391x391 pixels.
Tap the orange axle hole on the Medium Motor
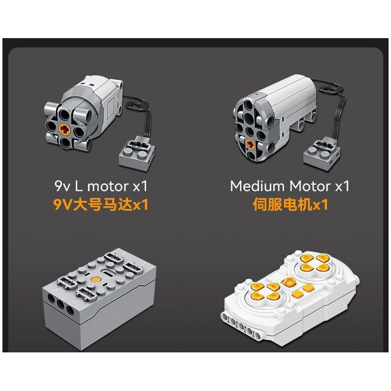click(250, 144)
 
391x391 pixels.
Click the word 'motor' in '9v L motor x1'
click(108, 187)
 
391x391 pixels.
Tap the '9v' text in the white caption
click(63, 187)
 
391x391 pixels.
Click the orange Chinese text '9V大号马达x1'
click(101, 205)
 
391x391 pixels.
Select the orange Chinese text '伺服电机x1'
click(290, 204)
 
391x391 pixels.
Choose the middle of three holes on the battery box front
click(60, 304)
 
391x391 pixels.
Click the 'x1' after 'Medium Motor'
click(342, 187)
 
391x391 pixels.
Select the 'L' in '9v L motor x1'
click(79, 186)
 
